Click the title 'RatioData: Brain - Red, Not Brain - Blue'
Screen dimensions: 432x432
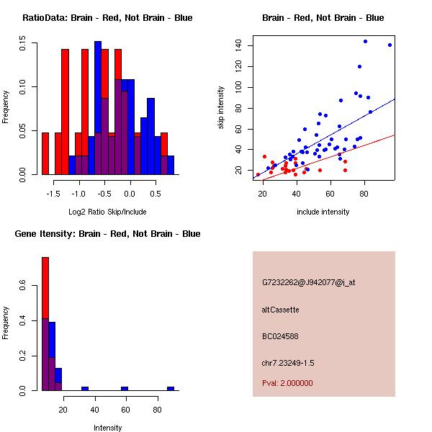[x=107, y=18]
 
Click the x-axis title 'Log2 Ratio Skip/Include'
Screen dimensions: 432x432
[x=107, y=212]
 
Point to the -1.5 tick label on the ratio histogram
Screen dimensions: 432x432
[x=53, y=194]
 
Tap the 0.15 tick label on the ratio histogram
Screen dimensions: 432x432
[x=24, y=44]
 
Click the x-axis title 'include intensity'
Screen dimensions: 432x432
[x=323, y=212]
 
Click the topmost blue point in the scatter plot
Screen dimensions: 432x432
[x=365, y=42]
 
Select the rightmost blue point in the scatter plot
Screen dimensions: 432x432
[x=390, y=45]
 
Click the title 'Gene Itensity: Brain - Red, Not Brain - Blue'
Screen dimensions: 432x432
[x=107, y=234]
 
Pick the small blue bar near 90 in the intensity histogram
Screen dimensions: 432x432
[x=171, y=388]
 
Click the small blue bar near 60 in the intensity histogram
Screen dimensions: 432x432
[x=124, y=388]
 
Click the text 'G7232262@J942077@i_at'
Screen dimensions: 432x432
[x=308, y=282]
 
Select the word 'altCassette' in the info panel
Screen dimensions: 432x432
[x=280, y=310]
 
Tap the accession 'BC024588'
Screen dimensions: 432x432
[x=280, y=336]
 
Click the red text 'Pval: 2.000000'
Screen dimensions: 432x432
[x=287, y=383]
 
